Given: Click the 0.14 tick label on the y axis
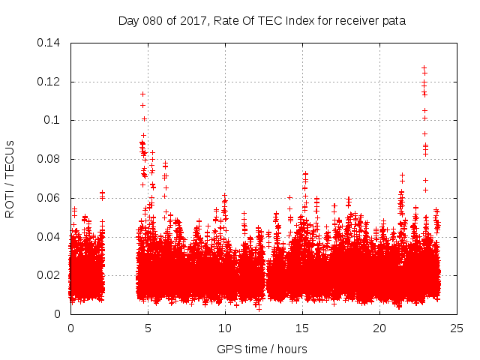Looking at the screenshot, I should point(49,43).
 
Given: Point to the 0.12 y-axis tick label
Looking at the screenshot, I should point(49,81).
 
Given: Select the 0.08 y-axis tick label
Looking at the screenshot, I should point(49,159).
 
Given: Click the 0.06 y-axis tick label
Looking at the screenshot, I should point(49,198).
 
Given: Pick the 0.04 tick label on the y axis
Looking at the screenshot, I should point(49,237).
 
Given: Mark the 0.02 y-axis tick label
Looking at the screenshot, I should point(49,275).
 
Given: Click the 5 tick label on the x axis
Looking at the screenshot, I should point(148,328).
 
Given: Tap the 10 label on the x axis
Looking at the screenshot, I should point(225,328).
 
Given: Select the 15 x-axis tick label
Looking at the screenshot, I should point(302,328).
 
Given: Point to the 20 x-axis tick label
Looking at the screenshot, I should point(379,328).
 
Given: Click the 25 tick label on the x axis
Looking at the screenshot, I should point(457,328).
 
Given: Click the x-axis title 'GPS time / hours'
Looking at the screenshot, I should point(262,349).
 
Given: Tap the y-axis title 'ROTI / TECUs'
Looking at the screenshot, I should point(10,178).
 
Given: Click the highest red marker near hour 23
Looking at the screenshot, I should point(424,67).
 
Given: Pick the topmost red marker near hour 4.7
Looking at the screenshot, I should point(142,94).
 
